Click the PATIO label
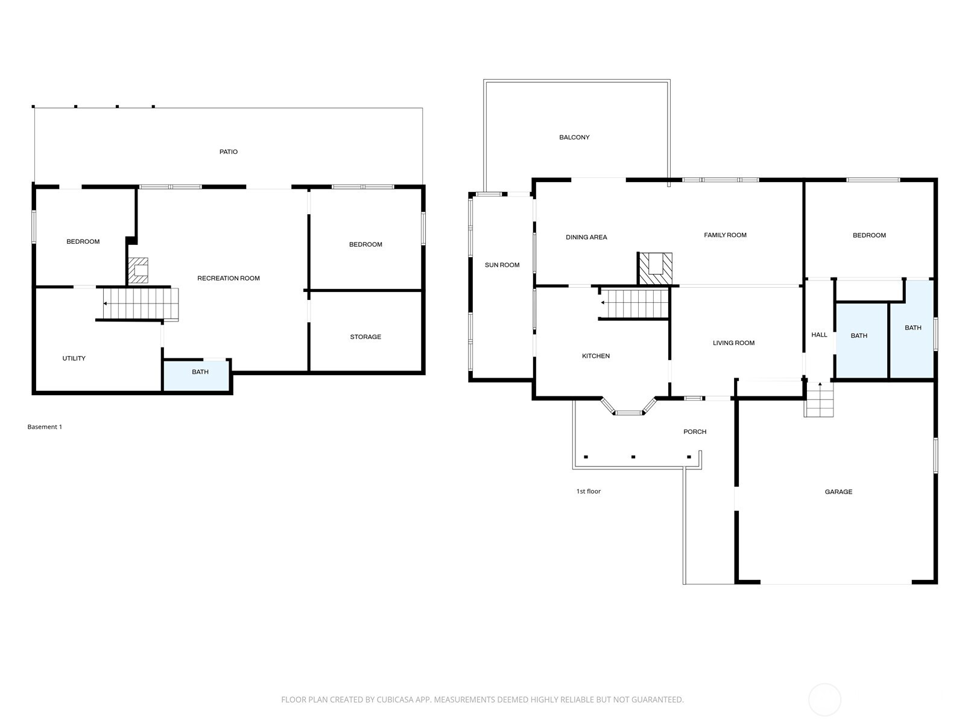228,152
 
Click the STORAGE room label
365,337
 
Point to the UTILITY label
74,358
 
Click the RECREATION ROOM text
229,278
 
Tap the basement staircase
140,303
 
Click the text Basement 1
45,427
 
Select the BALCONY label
574,138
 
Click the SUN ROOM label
502,265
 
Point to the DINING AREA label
586,237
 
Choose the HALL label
819,335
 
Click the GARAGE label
838,492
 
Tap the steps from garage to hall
820,401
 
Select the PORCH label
695,432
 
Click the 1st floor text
589,491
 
